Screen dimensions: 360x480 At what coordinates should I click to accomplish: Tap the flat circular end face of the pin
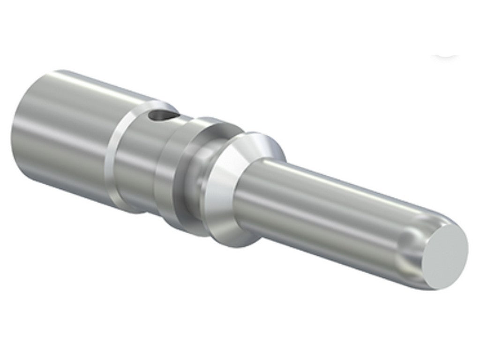[x=444, y=256]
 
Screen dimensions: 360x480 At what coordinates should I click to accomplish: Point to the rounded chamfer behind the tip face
[x=412, y=253]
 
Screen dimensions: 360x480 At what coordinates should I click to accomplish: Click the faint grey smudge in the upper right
[x=445, y=55]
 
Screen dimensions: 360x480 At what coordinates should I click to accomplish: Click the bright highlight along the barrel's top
[x=94, y=84]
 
